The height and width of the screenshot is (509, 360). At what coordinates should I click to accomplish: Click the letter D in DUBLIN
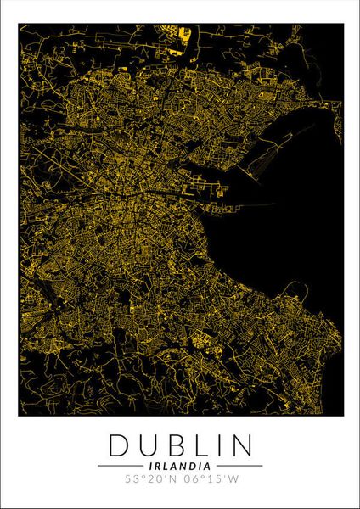click(120, 445)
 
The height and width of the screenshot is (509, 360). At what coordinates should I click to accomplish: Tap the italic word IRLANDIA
click(180, 465)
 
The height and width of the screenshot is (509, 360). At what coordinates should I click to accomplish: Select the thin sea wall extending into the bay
click(255, 204)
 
